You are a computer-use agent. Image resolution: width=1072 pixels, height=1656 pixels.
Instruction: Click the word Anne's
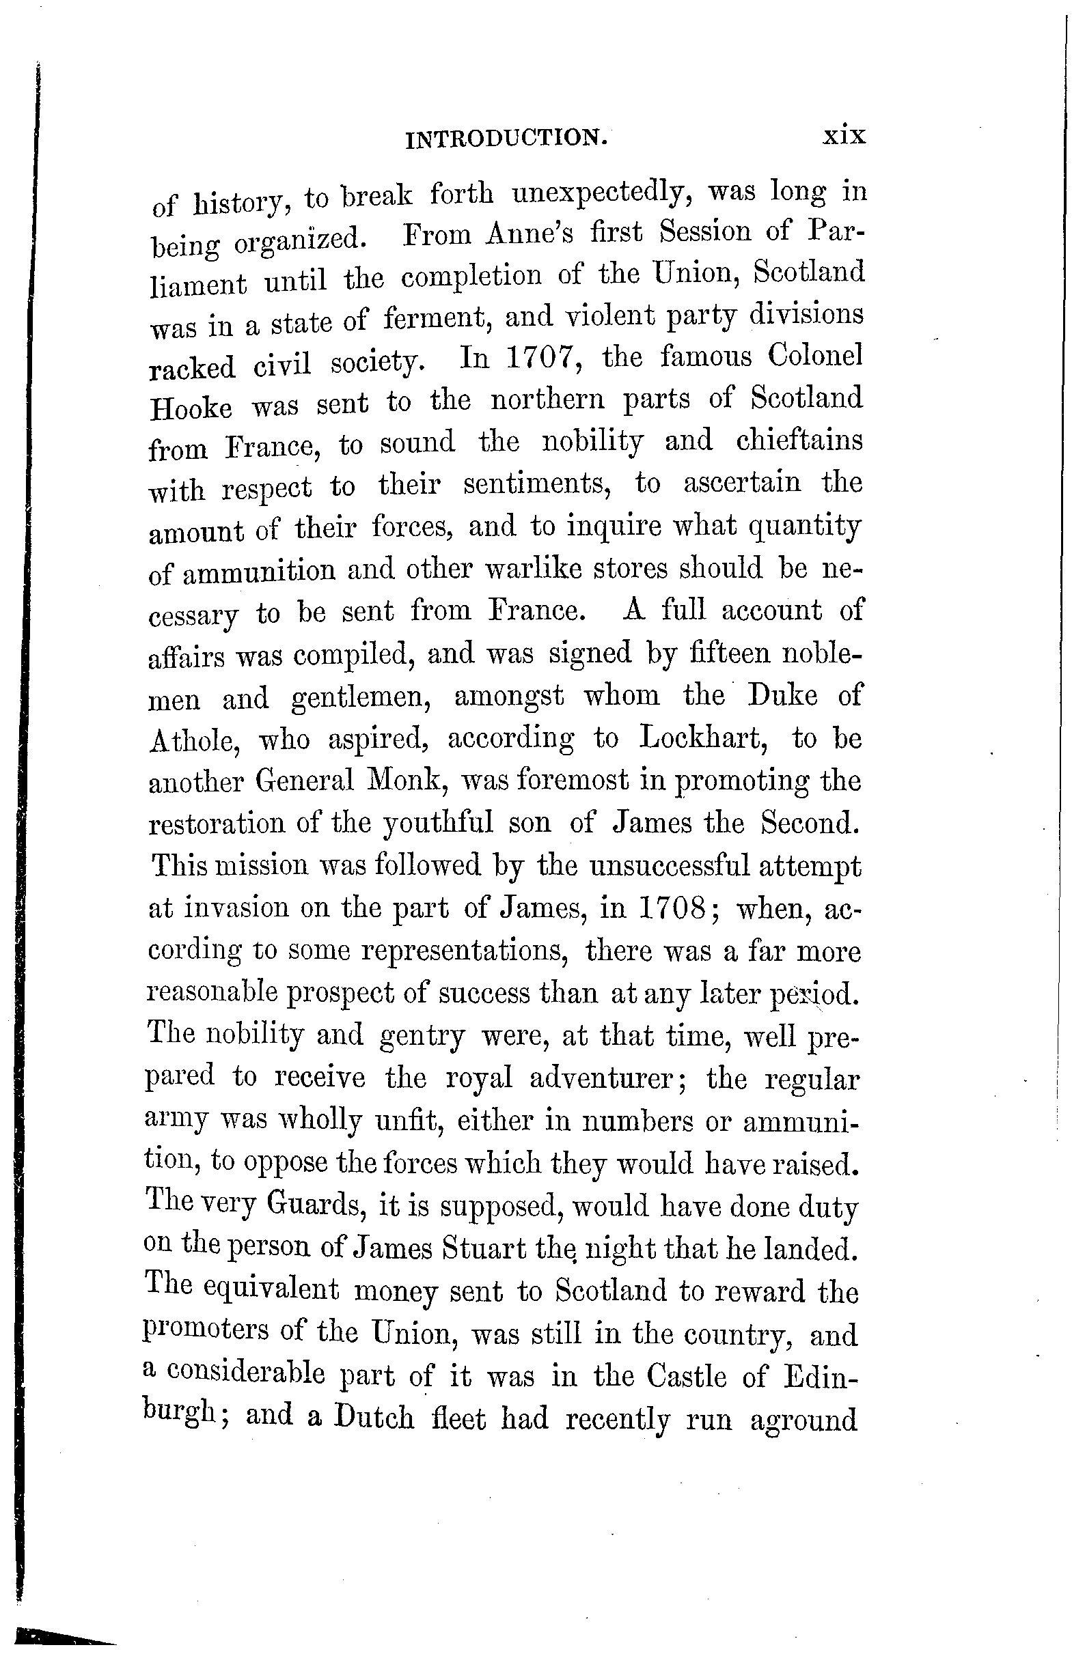(x=529, y=233)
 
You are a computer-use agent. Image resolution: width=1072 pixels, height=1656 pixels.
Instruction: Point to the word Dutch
(x=374, y=1418)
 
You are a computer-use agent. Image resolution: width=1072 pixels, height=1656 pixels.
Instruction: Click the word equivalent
(x=271, y=1289)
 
